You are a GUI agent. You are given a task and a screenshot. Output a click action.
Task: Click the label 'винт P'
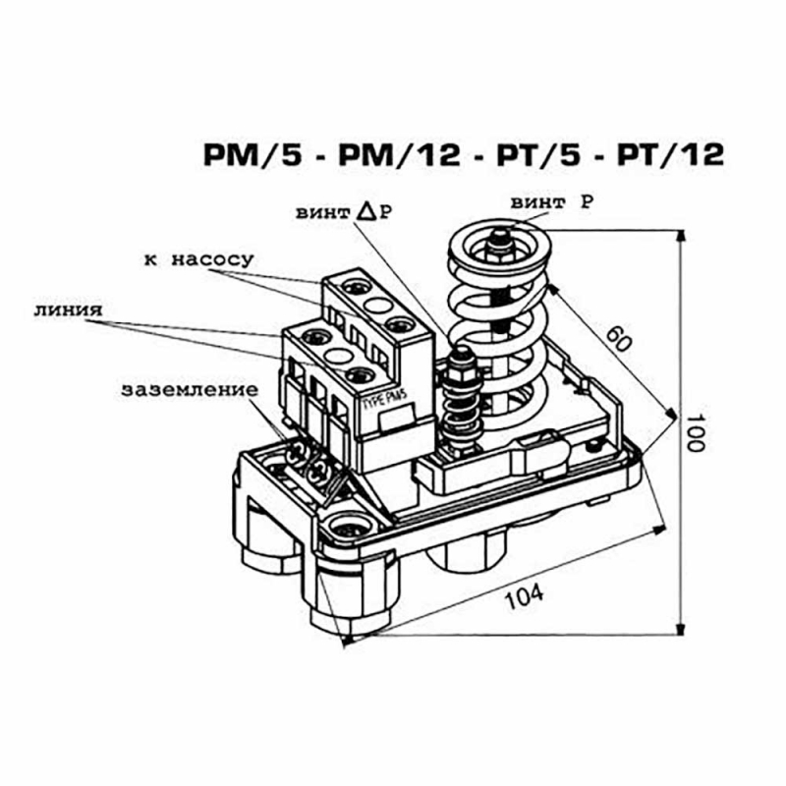(551, 203)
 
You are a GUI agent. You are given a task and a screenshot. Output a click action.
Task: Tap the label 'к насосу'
(199, 259)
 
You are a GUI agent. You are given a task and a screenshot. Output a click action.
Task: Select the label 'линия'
(68, 309)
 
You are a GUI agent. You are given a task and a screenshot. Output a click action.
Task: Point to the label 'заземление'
(190, 390)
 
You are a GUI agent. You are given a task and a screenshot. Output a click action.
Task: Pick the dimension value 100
(695, 432)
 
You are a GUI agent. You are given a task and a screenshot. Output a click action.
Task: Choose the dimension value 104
(525, 597)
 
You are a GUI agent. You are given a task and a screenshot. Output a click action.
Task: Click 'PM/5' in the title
(253, 154)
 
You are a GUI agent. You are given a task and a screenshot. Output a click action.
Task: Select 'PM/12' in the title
(400, 154)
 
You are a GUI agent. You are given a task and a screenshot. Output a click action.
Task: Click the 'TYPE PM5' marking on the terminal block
(384, 400)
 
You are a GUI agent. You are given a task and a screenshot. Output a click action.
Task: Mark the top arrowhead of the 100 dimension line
(680, 237)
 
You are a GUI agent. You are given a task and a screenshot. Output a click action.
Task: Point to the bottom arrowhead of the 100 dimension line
(680, 628)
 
